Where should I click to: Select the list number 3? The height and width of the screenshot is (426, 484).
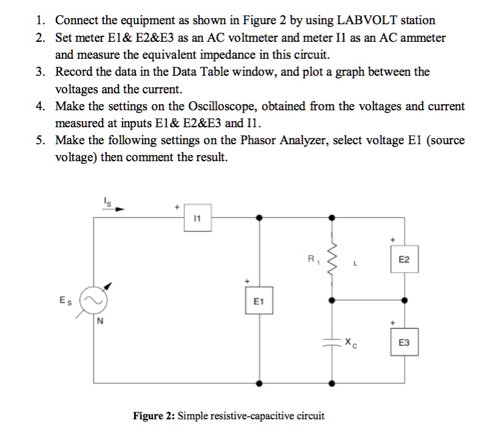(x=39, y=72)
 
